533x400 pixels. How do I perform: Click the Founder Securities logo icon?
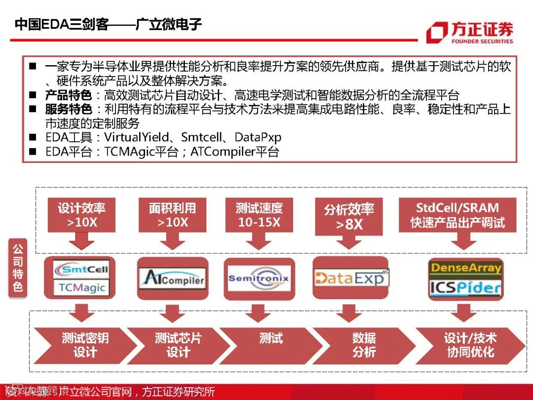(437, 33)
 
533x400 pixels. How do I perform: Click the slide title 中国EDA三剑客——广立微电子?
(108, 24)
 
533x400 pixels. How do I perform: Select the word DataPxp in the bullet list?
(258, 137)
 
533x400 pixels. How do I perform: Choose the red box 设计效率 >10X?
(82, 215)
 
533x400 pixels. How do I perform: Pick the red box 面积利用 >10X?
(173, 215)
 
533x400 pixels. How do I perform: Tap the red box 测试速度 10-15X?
(259, 215)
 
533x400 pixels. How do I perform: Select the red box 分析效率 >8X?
(349, 216)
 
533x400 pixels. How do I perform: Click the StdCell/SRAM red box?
(457, 215)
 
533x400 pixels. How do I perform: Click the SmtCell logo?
(81, 269)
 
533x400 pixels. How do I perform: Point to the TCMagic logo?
(81, 287)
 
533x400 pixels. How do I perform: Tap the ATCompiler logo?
(172, 279)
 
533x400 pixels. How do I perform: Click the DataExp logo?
(351, 279)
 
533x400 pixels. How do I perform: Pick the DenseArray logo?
(465, 268)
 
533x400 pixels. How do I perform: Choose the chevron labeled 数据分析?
(364, 345)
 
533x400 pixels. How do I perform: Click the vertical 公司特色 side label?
(18, 268)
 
